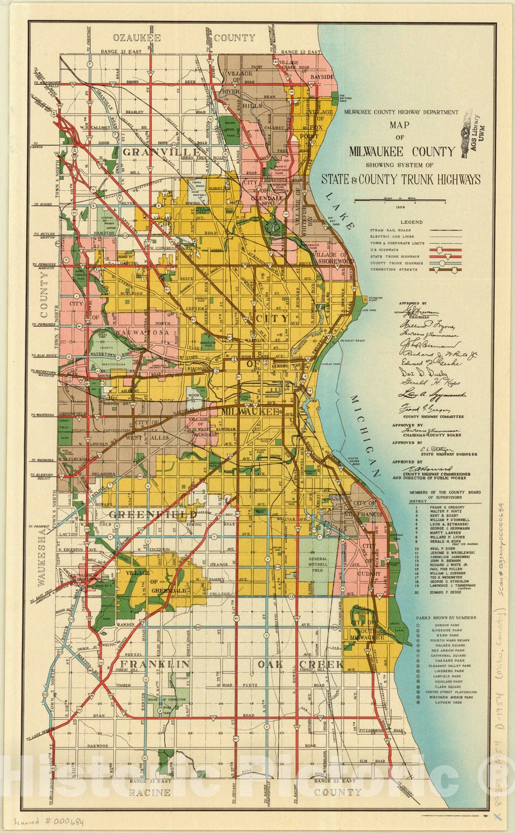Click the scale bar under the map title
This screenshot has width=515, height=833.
coord(393,200)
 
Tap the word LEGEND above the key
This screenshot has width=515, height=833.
coord(411,222)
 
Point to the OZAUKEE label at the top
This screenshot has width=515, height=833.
coord(137,37)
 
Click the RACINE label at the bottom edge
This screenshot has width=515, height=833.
coord(150,793)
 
